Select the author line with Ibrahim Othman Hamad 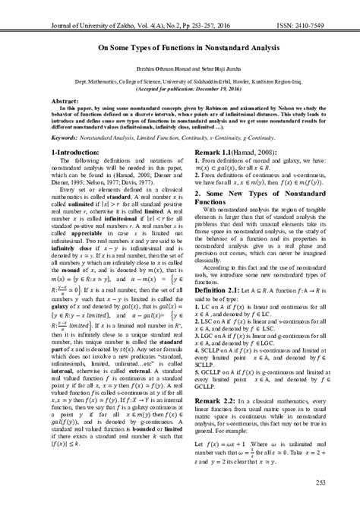pyautogui.click(x=179, y=68)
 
